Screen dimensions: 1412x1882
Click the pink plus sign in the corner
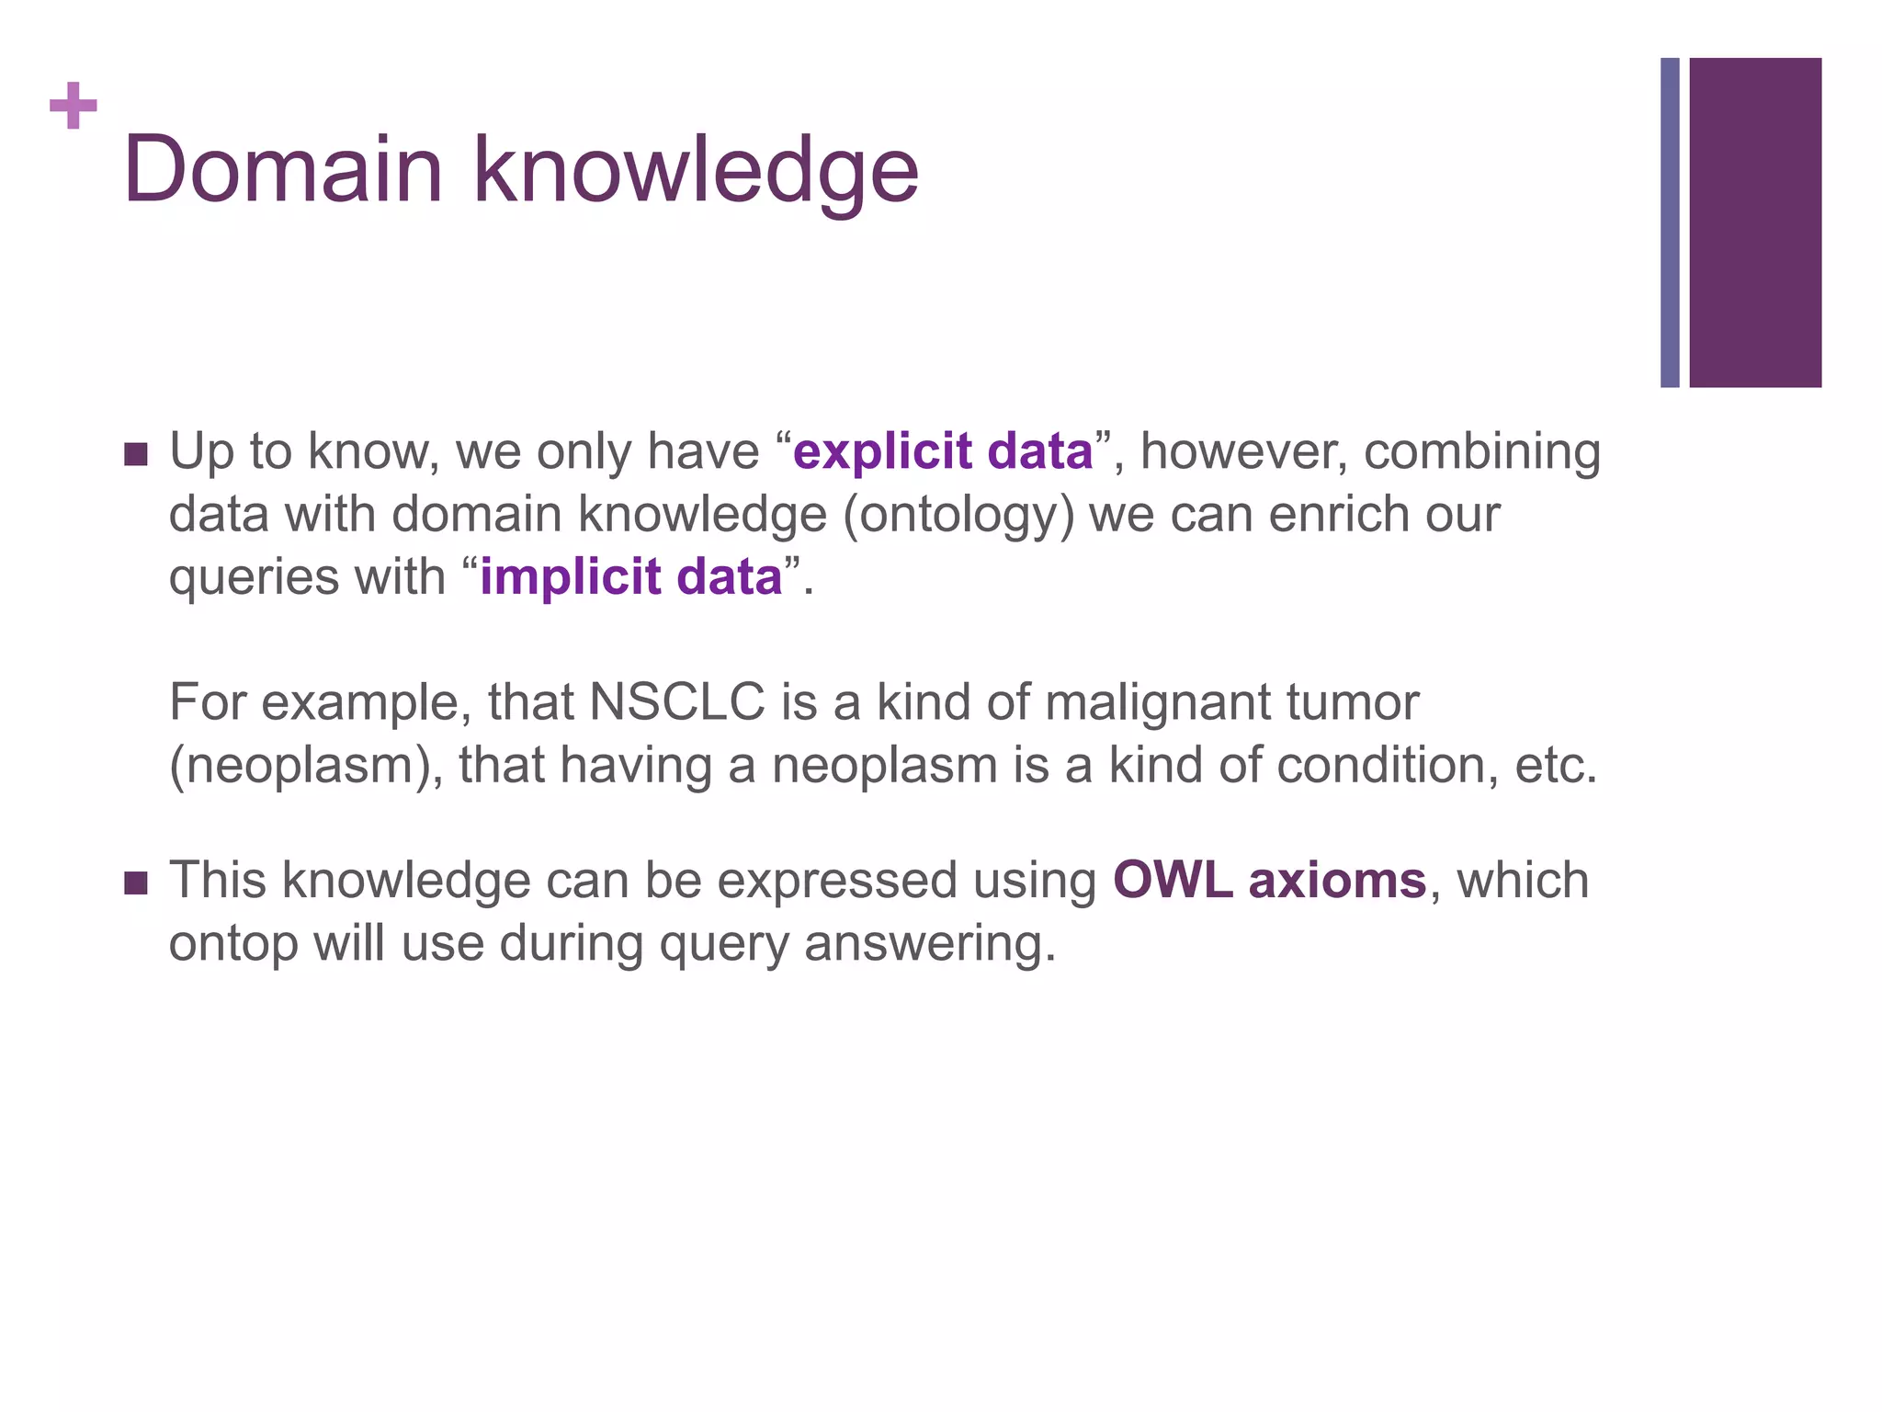click(74, 107)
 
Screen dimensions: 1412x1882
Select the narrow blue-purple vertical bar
click(1670, 222)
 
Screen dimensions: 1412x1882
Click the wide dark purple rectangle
click(1755, 222)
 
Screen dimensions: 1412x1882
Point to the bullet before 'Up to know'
click(135, 454)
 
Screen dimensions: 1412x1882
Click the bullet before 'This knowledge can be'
click(135, 883)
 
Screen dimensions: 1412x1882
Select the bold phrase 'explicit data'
click(943, 451)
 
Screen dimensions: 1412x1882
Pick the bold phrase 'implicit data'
click(630, 577)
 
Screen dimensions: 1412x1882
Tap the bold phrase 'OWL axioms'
click(1269, 880)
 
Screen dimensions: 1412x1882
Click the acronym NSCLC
click(677, 702)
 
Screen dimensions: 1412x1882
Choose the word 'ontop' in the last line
click(233, 944)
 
